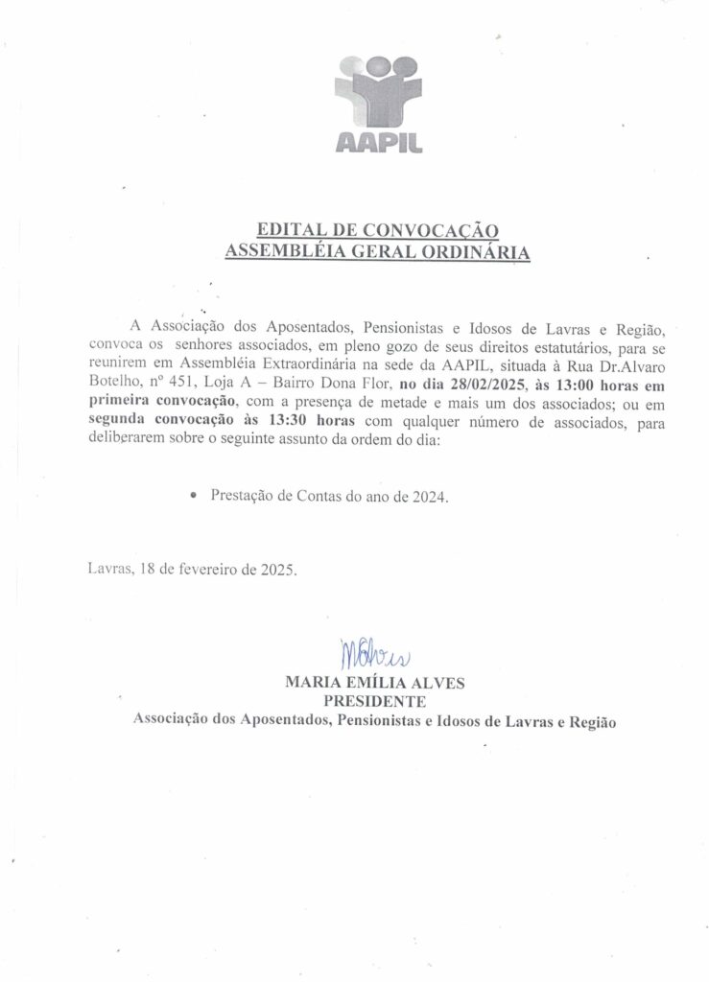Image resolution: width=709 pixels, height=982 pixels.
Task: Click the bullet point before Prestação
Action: pos(194,497)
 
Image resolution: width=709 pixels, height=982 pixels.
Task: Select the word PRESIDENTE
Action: pos(376,701)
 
